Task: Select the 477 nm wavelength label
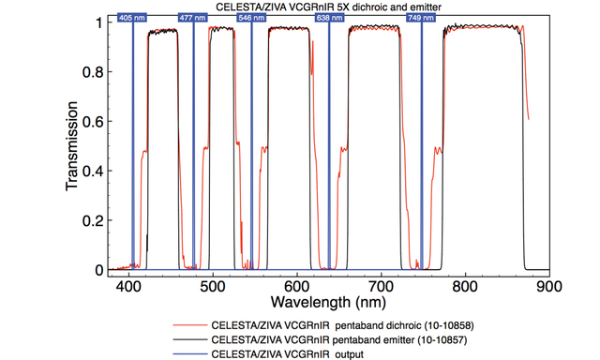192,18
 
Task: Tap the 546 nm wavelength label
250,18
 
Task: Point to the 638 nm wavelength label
328,18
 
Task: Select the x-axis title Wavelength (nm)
324,302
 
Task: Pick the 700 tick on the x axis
382,286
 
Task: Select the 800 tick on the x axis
465,286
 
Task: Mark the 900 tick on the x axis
548,286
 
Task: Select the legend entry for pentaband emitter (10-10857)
342,338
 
